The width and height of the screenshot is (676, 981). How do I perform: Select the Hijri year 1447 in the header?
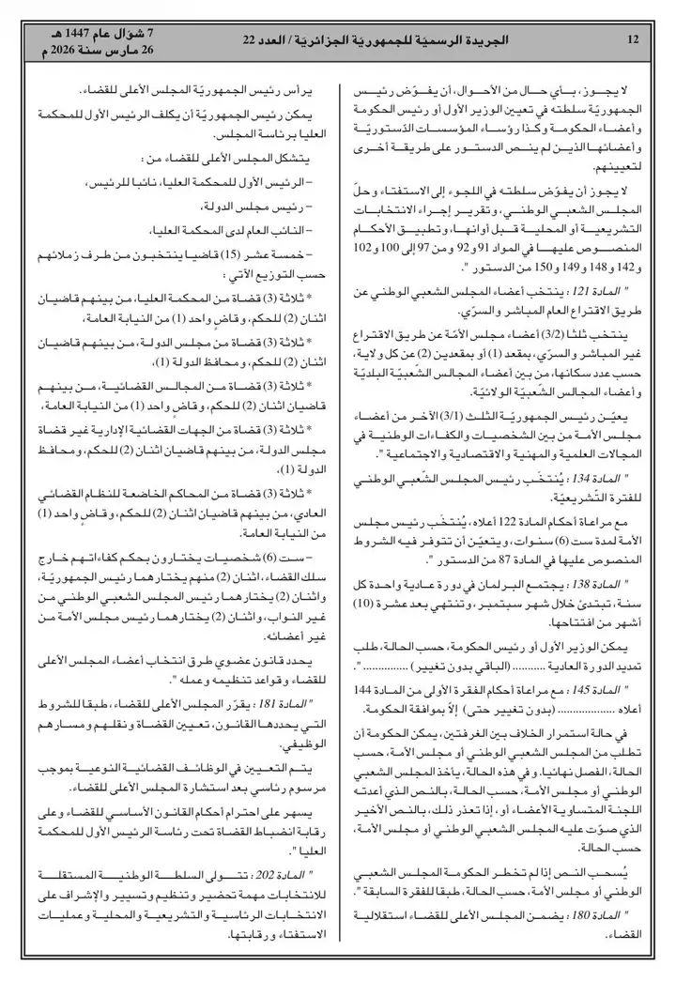tap(74, 33)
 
